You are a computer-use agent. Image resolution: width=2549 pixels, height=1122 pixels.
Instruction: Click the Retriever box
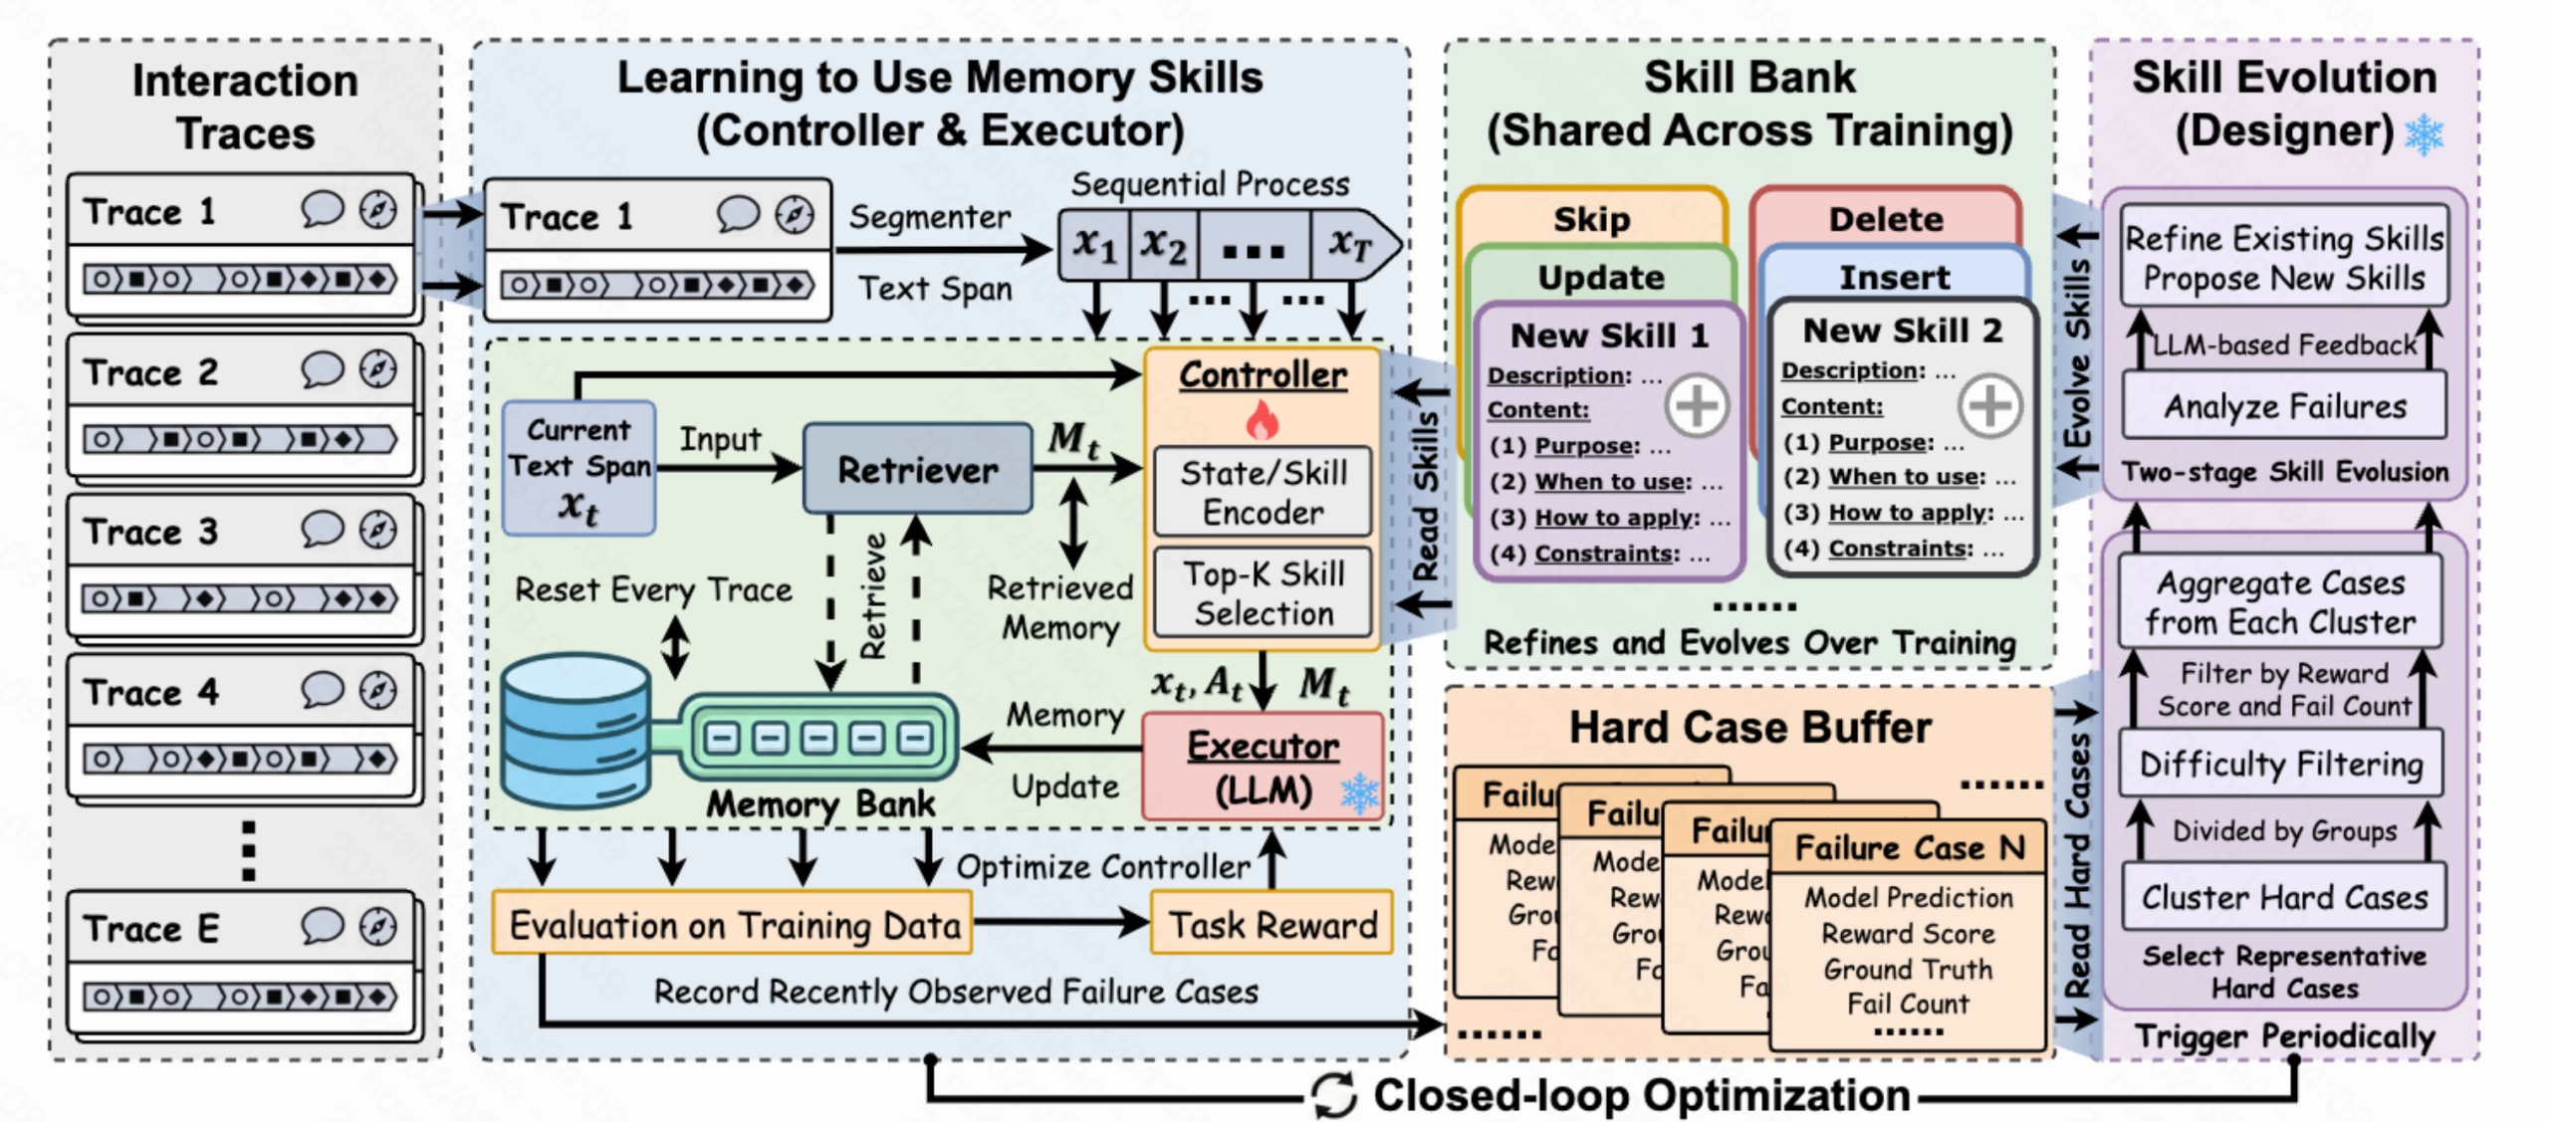click(x=917, y=469)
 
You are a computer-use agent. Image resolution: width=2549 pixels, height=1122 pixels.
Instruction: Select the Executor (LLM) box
click(x=1263, y=767)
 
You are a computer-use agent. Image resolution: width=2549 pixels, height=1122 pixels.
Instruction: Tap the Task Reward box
click(x=1272, y=924)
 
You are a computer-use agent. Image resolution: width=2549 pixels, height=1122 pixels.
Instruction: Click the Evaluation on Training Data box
click(x=734, y=924)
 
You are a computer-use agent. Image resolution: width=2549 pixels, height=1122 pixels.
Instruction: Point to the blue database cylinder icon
click(x=576, y=731)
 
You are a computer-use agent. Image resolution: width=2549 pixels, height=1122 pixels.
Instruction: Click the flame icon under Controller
click(x=1262, y=420)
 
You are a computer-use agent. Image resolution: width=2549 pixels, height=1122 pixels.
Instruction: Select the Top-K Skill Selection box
click(x=1263, y=593)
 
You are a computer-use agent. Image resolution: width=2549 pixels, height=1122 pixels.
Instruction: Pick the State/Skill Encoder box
click(x=1263, y=492)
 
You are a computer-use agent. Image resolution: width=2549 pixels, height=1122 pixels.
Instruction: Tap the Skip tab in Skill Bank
click(x=1591, y=219)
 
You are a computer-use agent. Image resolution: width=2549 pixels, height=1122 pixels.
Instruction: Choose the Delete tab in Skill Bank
click(x=1885, y=219)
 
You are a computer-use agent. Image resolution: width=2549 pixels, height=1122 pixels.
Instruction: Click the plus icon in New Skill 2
click(x=1989, y=405)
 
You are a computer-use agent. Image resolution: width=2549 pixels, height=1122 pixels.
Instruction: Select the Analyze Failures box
click(x=2284, y=406)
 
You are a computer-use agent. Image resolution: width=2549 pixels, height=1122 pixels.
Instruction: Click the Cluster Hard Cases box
click(x=2284, y=897)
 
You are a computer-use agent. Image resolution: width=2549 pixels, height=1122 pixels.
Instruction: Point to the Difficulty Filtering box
click(x=2281, y=764)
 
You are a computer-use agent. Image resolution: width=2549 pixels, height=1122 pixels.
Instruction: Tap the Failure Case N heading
click(x=1909, y=847)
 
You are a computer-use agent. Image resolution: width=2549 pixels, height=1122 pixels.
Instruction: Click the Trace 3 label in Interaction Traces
click(x=150, y=532)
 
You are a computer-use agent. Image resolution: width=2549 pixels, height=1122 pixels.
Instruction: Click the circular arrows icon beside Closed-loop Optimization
click(x=1333, y=1095)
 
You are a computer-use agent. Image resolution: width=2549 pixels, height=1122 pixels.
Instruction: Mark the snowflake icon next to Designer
click(x=2424, y=134)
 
